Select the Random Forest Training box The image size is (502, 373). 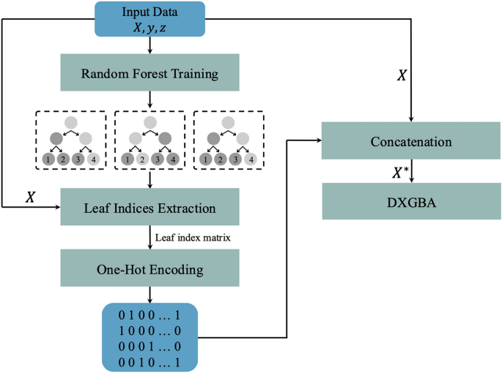click(x=150, y=73)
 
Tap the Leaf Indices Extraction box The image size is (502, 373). click(x=150, y=207)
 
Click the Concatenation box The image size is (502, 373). click(x=411, y=141)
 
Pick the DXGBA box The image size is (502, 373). click(x=411, y=201)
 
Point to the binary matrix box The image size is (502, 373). click(x=150, y=336)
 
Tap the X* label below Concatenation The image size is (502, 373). click(x=400, y=173)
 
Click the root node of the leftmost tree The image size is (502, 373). click(x=70, y=122)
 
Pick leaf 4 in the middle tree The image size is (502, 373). click(x=171, y=159)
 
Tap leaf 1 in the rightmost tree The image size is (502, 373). click(x=209, y=159)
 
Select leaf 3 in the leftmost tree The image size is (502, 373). click(x=78, y=159)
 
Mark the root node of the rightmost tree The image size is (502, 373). click(x=228, y=122)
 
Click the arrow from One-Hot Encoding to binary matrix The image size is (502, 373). click(x=150, y=293)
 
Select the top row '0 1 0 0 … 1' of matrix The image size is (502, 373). click(x=150, y=316)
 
